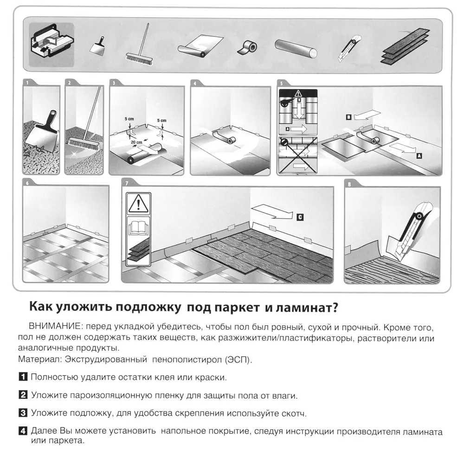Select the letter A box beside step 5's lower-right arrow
[x=419, y=156]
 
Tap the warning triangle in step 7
[x=138, y=203]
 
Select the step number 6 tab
[x=27, y=183]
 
